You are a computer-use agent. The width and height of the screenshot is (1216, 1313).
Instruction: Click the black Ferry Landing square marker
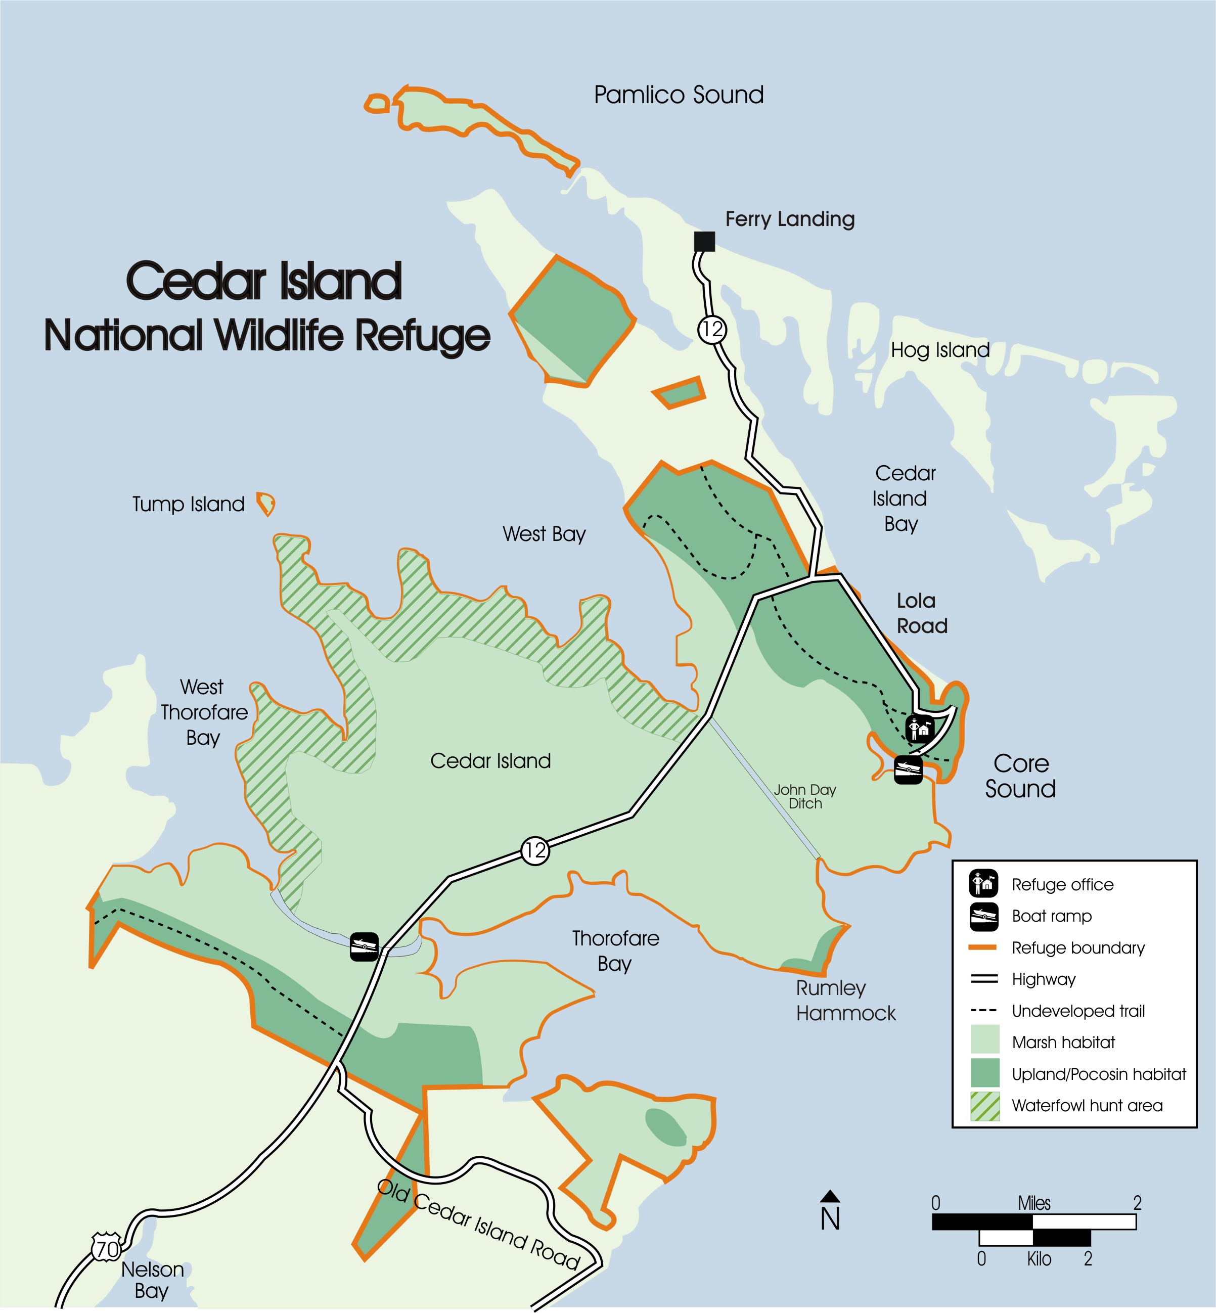[x=705, y=242]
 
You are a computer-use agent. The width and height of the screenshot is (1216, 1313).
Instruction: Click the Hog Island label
[x=939, y=350]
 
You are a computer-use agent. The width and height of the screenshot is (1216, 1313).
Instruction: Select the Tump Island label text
[x=188, y=505]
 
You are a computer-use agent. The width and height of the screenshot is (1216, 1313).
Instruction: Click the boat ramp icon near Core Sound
[x=908, y=769]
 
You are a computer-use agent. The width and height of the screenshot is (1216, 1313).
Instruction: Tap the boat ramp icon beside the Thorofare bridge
[x=364, y=946]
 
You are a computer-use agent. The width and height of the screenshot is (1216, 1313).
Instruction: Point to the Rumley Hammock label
[x=845, y=1001]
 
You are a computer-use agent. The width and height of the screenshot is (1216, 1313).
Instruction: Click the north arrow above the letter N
[x=830, y=1195]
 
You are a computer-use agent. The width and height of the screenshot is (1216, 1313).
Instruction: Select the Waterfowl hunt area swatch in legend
[x=984, y=1106]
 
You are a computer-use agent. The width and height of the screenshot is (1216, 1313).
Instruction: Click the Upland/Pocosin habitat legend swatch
[x=984, y=1073]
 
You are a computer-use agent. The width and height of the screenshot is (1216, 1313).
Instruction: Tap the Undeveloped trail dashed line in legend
[x=984, y=1010]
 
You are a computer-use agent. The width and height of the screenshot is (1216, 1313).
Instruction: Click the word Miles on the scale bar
[x=1034, y=1203]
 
